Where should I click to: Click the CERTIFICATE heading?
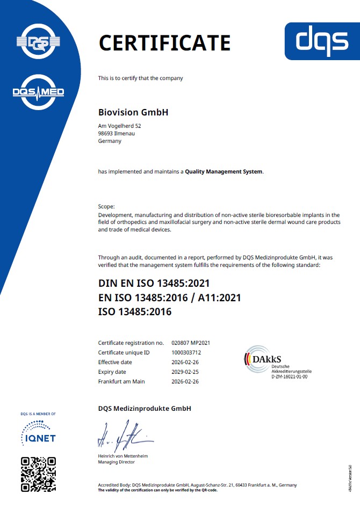(164, 42)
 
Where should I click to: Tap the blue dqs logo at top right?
(322, 41)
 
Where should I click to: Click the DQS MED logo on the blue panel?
(38, 92)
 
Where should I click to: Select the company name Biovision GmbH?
(133, 113)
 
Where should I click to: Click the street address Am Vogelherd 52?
(120, 126)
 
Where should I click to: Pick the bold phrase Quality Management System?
(224, 172)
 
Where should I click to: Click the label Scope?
(107, 207)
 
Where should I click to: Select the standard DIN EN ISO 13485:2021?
(154, 283)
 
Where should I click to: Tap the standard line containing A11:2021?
(169, 297)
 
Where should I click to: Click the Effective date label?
(115, 362)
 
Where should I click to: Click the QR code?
(38, 474)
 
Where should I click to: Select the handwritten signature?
(120, 438)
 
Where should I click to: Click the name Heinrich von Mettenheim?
(123, 456)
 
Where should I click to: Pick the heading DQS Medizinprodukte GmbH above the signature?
(145, 409)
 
